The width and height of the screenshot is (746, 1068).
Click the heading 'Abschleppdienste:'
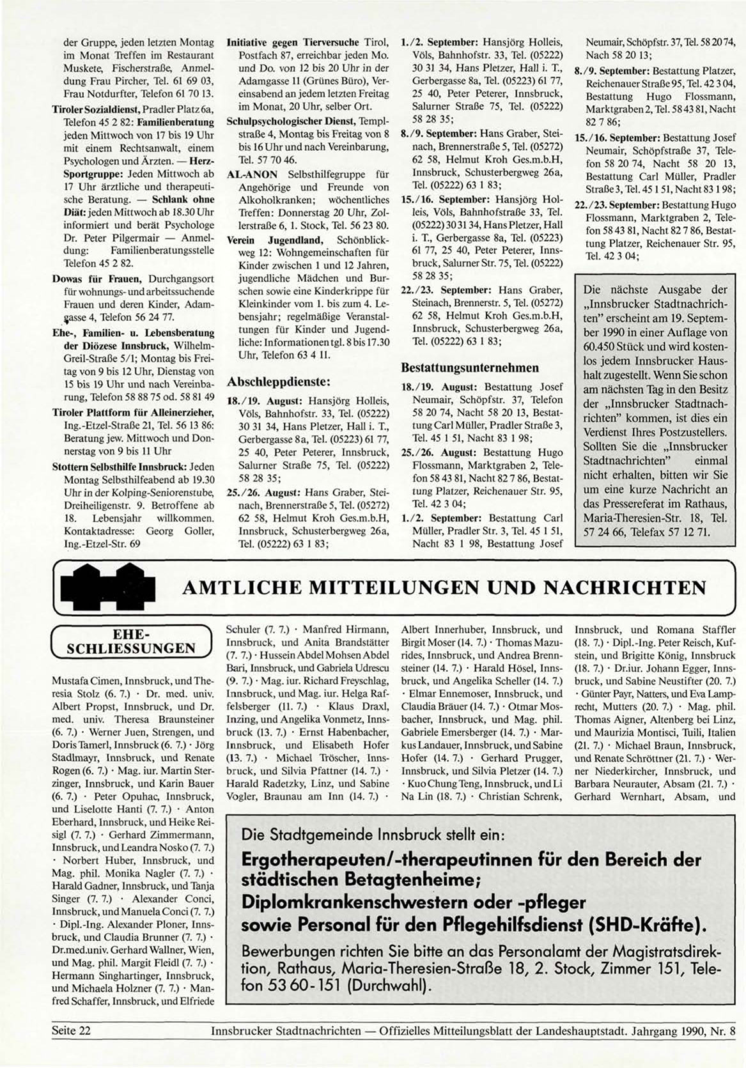[x=278, y=382]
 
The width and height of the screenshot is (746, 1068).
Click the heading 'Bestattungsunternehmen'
[x=469, y=368]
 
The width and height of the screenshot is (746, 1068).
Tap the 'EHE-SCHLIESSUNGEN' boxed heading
[x=131, y=640]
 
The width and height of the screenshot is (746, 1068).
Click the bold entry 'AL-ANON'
[x=253, y=174]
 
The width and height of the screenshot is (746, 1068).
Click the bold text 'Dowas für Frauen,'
[x=98, y=279]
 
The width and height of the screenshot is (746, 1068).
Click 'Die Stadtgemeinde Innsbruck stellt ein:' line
[x=374, y=835]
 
